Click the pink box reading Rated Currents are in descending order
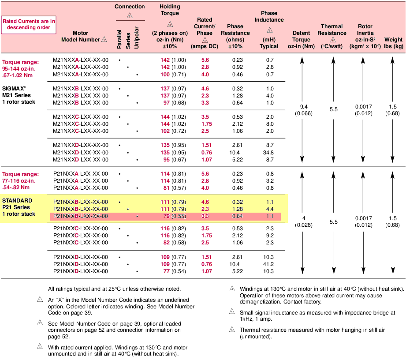click(x=28, y=24)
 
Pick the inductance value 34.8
click(x=270, y=153)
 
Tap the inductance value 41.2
click(x=270, y=264)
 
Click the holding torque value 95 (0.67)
click(x=174, y=160)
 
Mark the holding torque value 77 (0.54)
click(x=174, y=271)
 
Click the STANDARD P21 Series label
click(x=19, y=207)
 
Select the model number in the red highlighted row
click(x=80, y=216)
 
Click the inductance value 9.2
click(x=270, y=236)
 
